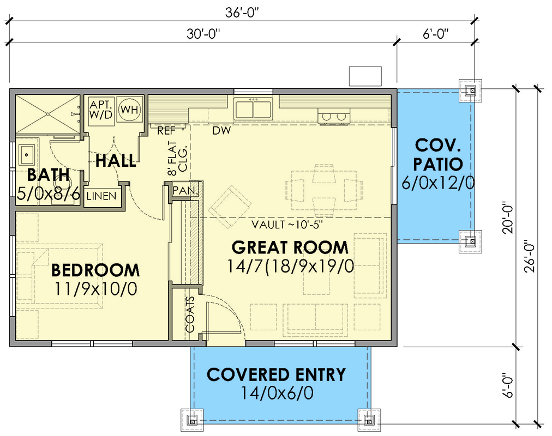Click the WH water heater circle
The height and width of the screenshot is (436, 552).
[130, 110]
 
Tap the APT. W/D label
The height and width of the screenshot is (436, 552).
[101, 110]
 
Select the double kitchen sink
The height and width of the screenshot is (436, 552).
[254, 109]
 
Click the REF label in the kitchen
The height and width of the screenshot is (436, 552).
[166, 131]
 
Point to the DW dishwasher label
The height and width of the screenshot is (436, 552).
[222, 131]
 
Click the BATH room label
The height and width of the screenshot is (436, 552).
[49, 175]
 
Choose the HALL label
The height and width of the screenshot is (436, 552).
[116, 161]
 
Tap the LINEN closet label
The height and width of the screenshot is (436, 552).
[101, 196]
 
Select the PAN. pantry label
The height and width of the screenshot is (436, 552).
[185, 191]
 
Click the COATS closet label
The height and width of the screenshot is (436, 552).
[190, 314]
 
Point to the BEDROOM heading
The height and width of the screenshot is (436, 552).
[95, 270]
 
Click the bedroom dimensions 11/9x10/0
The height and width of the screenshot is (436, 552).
[95, 289]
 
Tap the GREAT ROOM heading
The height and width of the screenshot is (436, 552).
[290, 247]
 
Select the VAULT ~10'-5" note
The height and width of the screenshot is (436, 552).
[287, 225]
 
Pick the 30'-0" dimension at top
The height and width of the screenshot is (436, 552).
[203, 34]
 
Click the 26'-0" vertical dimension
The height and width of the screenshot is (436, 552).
[529, 257]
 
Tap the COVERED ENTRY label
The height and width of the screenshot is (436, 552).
[277, 375]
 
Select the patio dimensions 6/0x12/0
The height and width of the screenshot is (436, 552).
[438, 183]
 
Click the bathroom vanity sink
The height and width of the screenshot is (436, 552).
[27, 154]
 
